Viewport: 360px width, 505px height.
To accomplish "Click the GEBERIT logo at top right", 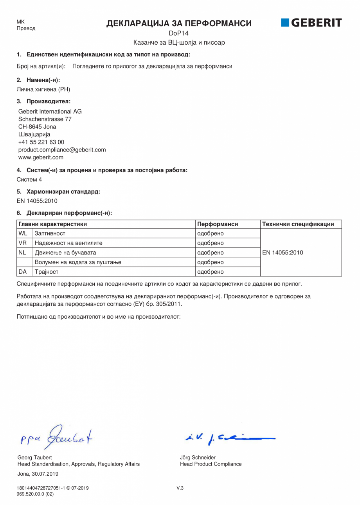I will point(311,23).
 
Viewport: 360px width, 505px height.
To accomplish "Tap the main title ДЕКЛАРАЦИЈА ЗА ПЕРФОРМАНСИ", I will point(179,23).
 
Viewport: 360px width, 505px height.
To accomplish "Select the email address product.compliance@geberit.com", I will point(62,150).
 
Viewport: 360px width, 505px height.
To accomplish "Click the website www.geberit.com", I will point(41,157).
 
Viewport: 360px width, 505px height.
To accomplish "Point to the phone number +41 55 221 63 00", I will point(41,142).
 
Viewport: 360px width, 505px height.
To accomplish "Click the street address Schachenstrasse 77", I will point(45,119).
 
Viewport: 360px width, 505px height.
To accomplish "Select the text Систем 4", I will point(29,180).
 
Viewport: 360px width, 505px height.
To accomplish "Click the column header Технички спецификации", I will point(298,224).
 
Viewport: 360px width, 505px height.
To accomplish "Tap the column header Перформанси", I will point(218,224).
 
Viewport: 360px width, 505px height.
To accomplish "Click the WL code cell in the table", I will point(23,234).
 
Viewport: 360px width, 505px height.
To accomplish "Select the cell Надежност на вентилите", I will point(68,243).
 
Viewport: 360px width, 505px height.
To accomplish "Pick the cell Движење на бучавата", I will point(65,252).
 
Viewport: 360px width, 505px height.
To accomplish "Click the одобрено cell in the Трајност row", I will point(210,272).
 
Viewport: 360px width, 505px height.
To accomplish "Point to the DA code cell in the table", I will point(23,272).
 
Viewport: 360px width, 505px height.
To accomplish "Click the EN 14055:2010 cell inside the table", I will point(283,252).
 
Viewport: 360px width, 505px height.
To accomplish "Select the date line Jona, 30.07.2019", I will point(38,474).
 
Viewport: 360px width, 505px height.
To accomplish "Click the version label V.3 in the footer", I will point(180,488).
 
